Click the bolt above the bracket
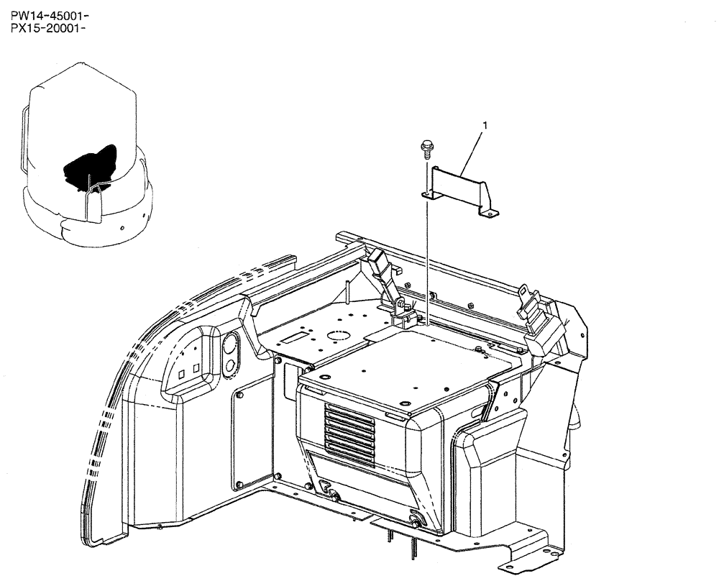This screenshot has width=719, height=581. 426,149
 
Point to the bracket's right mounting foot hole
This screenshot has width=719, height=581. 490,211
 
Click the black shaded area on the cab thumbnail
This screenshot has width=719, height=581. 91,166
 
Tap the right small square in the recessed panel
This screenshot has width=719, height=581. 196,367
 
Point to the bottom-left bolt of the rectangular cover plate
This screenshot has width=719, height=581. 238,482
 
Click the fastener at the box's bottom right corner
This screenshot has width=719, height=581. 415,521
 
